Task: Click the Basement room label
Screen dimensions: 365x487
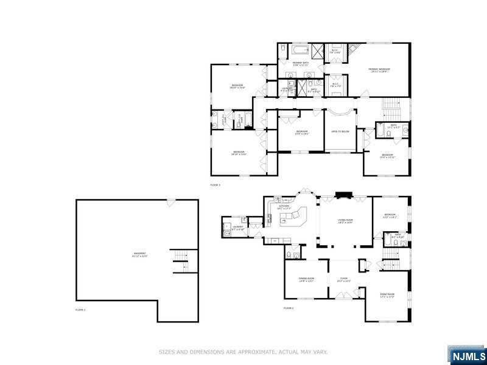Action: tap(140, 254)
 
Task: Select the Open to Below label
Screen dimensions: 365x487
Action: tap(340, 131)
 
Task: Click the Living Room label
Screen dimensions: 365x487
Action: tap(346, 221)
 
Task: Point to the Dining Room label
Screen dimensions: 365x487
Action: tap(306, 280)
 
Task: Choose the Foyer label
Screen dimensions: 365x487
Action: tap(343, 280)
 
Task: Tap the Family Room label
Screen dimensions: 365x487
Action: tap(388, 296)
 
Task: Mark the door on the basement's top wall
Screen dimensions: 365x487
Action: tap(170, 201)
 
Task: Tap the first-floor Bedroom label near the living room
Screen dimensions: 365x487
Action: tap(390, 215)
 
